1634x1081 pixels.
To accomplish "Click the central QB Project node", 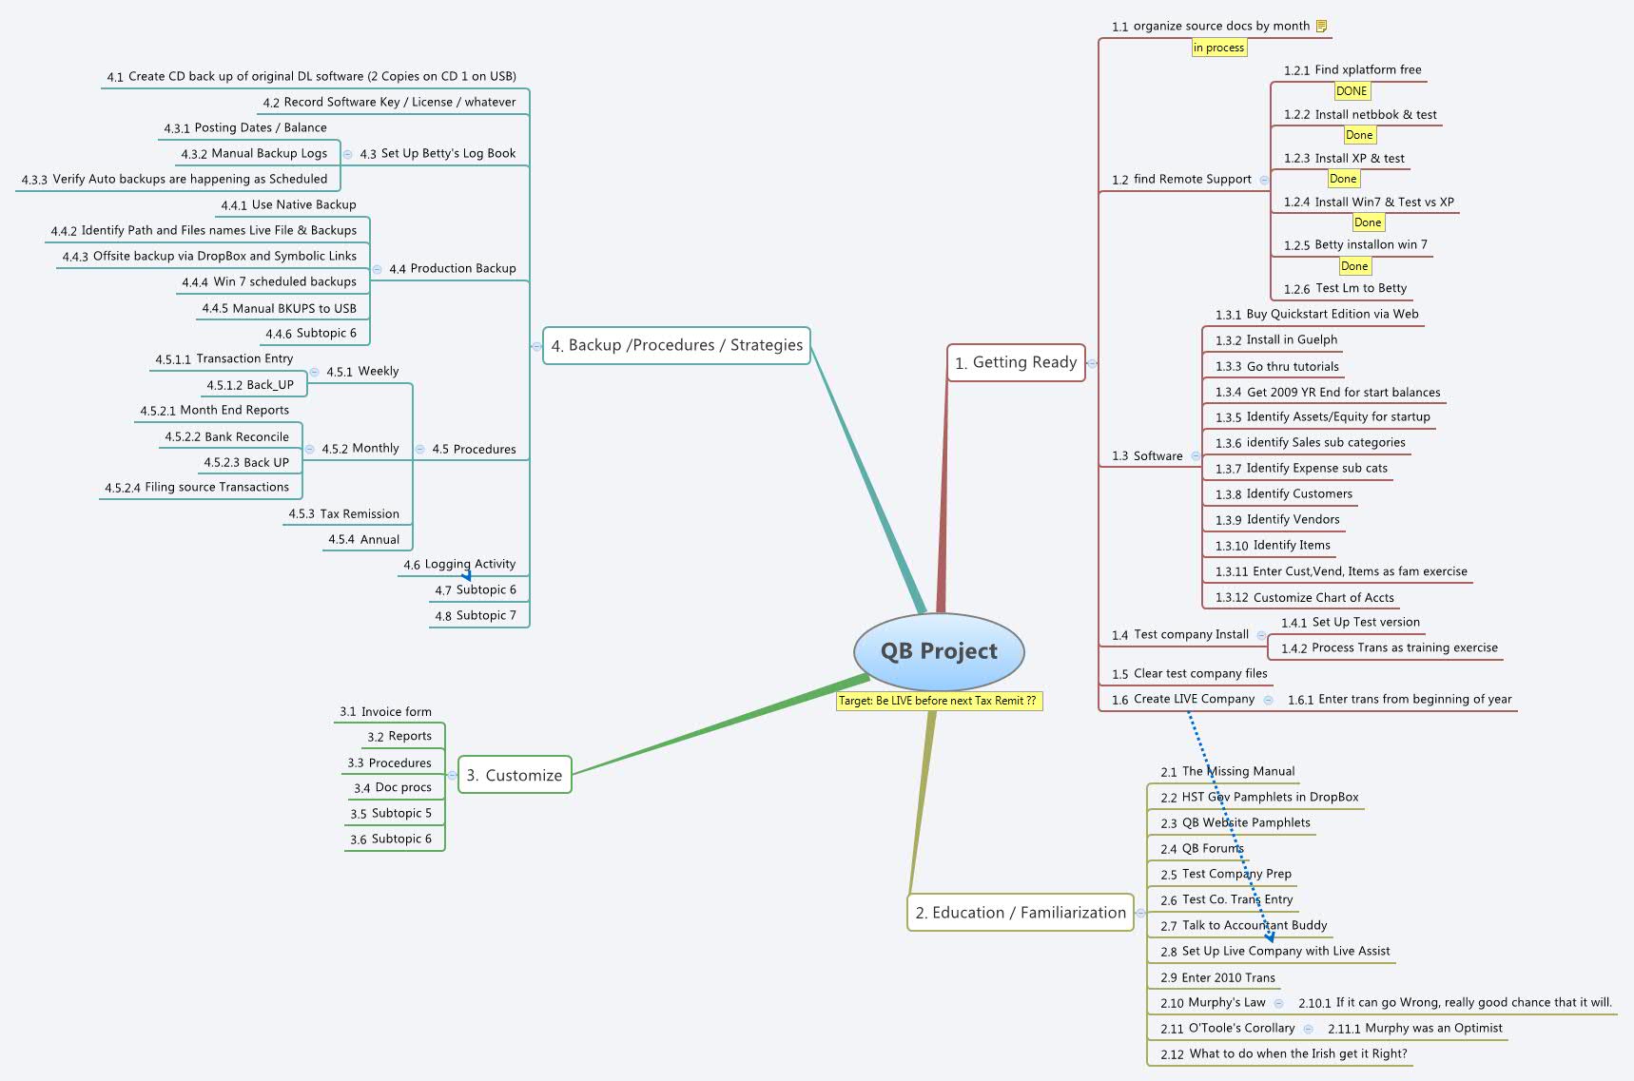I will (939, 651).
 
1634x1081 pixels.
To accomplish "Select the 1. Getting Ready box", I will (1016, 362).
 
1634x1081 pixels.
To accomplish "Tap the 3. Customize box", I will (515, 775).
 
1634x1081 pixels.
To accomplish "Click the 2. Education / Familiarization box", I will (1020, 913).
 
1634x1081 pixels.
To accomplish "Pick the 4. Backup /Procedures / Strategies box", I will (676, 345).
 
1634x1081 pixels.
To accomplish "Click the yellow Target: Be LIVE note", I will (938, 701).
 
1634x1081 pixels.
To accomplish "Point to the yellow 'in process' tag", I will (1218, 48).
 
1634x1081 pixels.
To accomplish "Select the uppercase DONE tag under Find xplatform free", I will (1351, 91).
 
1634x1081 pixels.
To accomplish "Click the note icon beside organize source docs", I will (1321, 27).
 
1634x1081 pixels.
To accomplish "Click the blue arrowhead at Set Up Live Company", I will (1270, 936).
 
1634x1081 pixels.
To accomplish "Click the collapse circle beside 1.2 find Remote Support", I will (1264, 180).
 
